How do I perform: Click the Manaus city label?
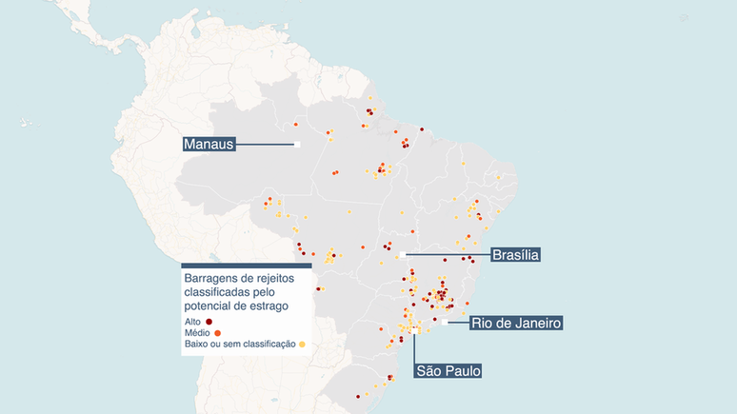tap(209, 145)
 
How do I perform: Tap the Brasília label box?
tap(515, 255)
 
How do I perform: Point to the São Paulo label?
tap(447, 370)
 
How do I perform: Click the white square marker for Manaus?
tap(297, 145)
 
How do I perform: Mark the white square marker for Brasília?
tap(403, 255)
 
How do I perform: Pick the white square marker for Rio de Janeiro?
tap(445, 324)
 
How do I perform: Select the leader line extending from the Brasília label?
tap(448, 255)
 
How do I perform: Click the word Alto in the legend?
tap(192, 322)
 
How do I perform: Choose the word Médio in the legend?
tap(198, 333)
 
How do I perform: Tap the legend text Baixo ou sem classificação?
tap(239, 345)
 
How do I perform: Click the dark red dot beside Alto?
tap(209, 322)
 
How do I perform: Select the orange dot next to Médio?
tap(218, 333)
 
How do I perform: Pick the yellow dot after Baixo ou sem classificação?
tap(302, 345)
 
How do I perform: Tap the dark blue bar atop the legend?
tap(247, 266)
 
